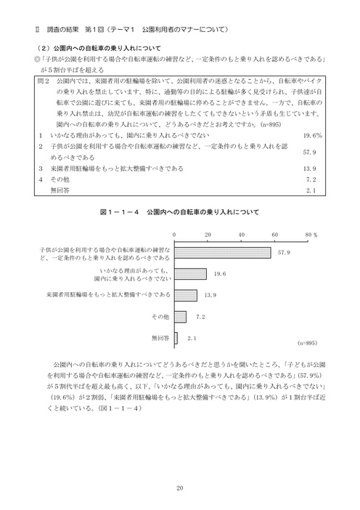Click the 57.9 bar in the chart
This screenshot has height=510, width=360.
coord(223,252)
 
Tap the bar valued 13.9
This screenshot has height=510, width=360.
coord(186,296)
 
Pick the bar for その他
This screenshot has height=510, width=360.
coord(180,317)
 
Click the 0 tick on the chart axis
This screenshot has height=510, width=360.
coord(174,236)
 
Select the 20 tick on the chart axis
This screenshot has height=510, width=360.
coord(208,236)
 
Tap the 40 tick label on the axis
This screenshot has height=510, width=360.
coord(242,236)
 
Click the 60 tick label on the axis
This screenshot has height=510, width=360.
coord(275,236)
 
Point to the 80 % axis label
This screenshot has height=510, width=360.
coord(311,236)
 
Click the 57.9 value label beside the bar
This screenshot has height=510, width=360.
coord(283,252)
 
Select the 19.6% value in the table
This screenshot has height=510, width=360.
coord(312,136)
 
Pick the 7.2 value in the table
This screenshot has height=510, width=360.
coord(314,179)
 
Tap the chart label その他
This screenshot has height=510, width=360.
coord(161,317)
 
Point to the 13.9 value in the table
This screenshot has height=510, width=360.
coord(312,169)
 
